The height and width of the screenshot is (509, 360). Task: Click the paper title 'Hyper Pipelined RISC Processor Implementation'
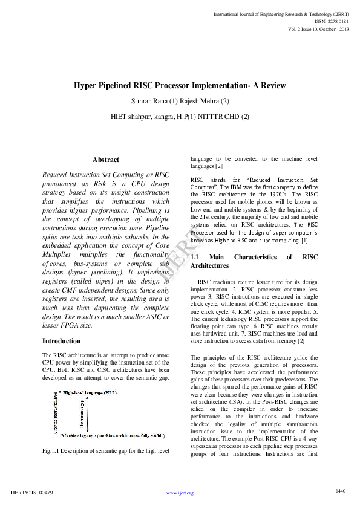coord(180,86)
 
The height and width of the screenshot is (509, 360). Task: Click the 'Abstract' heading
coord(105,160)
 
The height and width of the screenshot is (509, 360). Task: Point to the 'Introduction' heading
coord(62,341)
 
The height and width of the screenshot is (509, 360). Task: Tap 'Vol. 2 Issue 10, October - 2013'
coord(318,29)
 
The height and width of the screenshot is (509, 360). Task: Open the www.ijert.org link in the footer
coord(180,493)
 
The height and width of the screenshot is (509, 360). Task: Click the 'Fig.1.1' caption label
coord(53,451)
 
